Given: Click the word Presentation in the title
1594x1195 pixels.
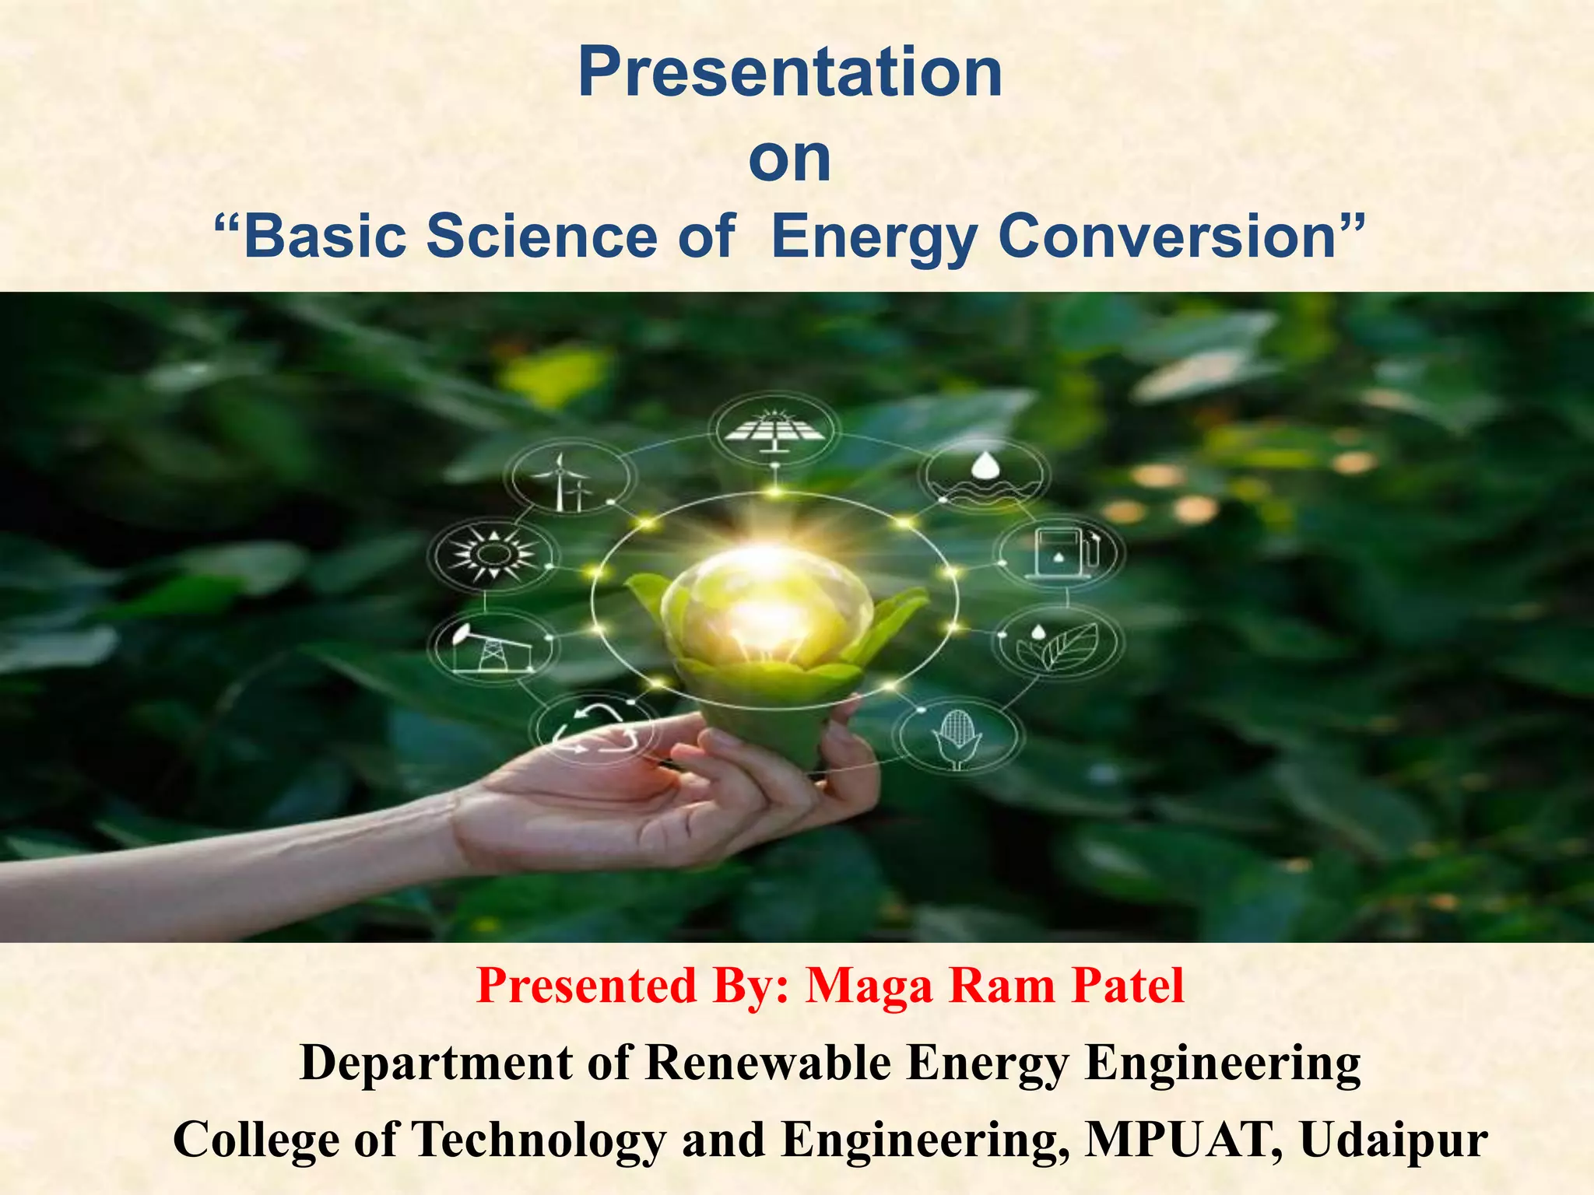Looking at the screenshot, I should pyautogui.click(x=789, y=72).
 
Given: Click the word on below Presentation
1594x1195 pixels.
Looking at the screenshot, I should pyautogui.click(x=789, y=159).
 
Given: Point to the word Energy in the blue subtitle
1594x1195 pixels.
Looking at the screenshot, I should pyautogui.click(x=873, y=237).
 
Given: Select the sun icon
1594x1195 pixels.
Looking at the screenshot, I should pyautogui.click(x=493, y=553).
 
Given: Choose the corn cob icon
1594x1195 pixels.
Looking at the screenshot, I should pyautogui.click(x=957, y=738).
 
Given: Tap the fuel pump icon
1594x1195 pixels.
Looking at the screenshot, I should pyautogui.click(x=1060, y=552).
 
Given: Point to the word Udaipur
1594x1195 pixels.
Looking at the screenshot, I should pyautogui.click(x=1393, y=1141).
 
